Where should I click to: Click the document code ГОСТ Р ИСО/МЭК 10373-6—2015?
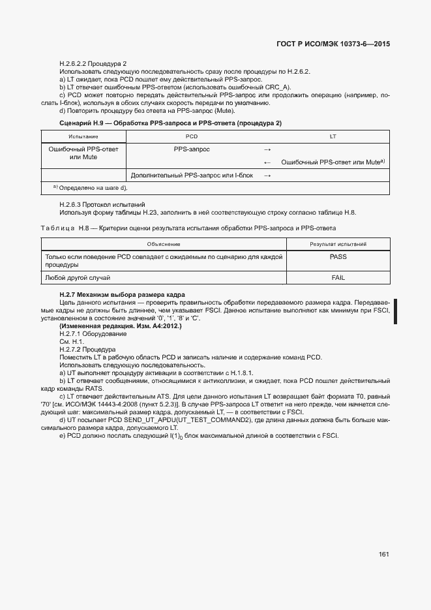pyautogui.click(x=333, y=44)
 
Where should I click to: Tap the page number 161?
pyautogui.click(x=383, y=555)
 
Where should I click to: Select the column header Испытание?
pyautogui.click(x=83, y=136)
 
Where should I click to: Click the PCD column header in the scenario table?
pyautogui.click(x=191, y=136)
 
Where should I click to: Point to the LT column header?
pyautogui.click(x=333, y=136)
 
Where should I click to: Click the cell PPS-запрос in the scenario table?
pyautogui.click(x=191, y=149)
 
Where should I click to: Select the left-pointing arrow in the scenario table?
pyautogui.click(x=267, y=162)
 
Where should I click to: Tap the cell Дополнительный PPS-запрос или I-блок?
pyautogui.click(x=192, y=175)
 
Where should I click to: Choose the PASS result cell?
pyautogui.click(x=338, y=257)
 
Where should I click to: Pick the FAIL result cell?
pyautogui.click(x=338, y=277)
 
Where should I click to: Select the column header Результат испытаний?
pyautogui.click(x=338, y=244)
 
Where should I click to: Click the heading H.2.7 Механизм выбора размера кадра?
pyautogui.click(x=122, y=295)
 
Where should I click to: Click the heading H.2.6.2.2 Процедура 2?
pyautogui.click(x=93, y=63)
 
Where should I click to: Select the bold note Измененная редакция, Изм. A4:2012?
pyautogui.click(x=121, y=326)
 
